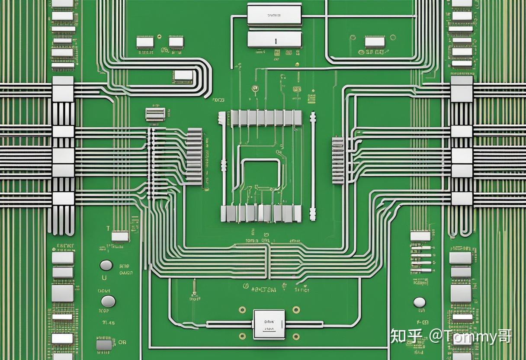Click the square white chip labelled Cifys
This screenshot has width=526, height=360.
[x=269, y=324]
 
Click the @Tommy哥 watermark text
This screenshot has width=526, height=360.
[x=470, y=336]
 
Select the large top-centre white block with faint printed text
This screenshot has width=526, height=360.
[x=274, y=14]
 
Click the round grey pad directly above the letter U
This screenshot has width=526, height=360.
[x=106, y=265]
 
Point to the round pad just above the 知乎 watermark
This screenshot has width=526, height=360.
[x=419, y=302]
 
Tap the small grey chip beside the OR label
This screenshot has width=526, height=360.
[x=104, y=345]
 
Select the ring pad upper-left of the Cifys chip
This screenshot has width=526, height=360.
[x=243, y=310]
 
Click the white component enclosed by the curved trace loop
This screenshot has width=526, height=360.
[x=183, y=75]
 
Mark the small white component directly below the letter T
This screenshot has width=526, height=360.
[x=120, y=236]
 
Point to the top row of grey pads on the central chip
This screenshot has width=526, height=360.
[x=266, y=118]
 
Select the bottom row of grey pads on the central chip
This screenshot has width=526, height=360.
[x=261, y=213]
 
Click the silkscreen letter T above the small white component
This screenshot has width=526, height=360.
[x=108, y=228]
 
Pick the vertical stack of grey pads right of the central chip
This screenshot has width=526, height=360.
[x=338, y=160]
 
